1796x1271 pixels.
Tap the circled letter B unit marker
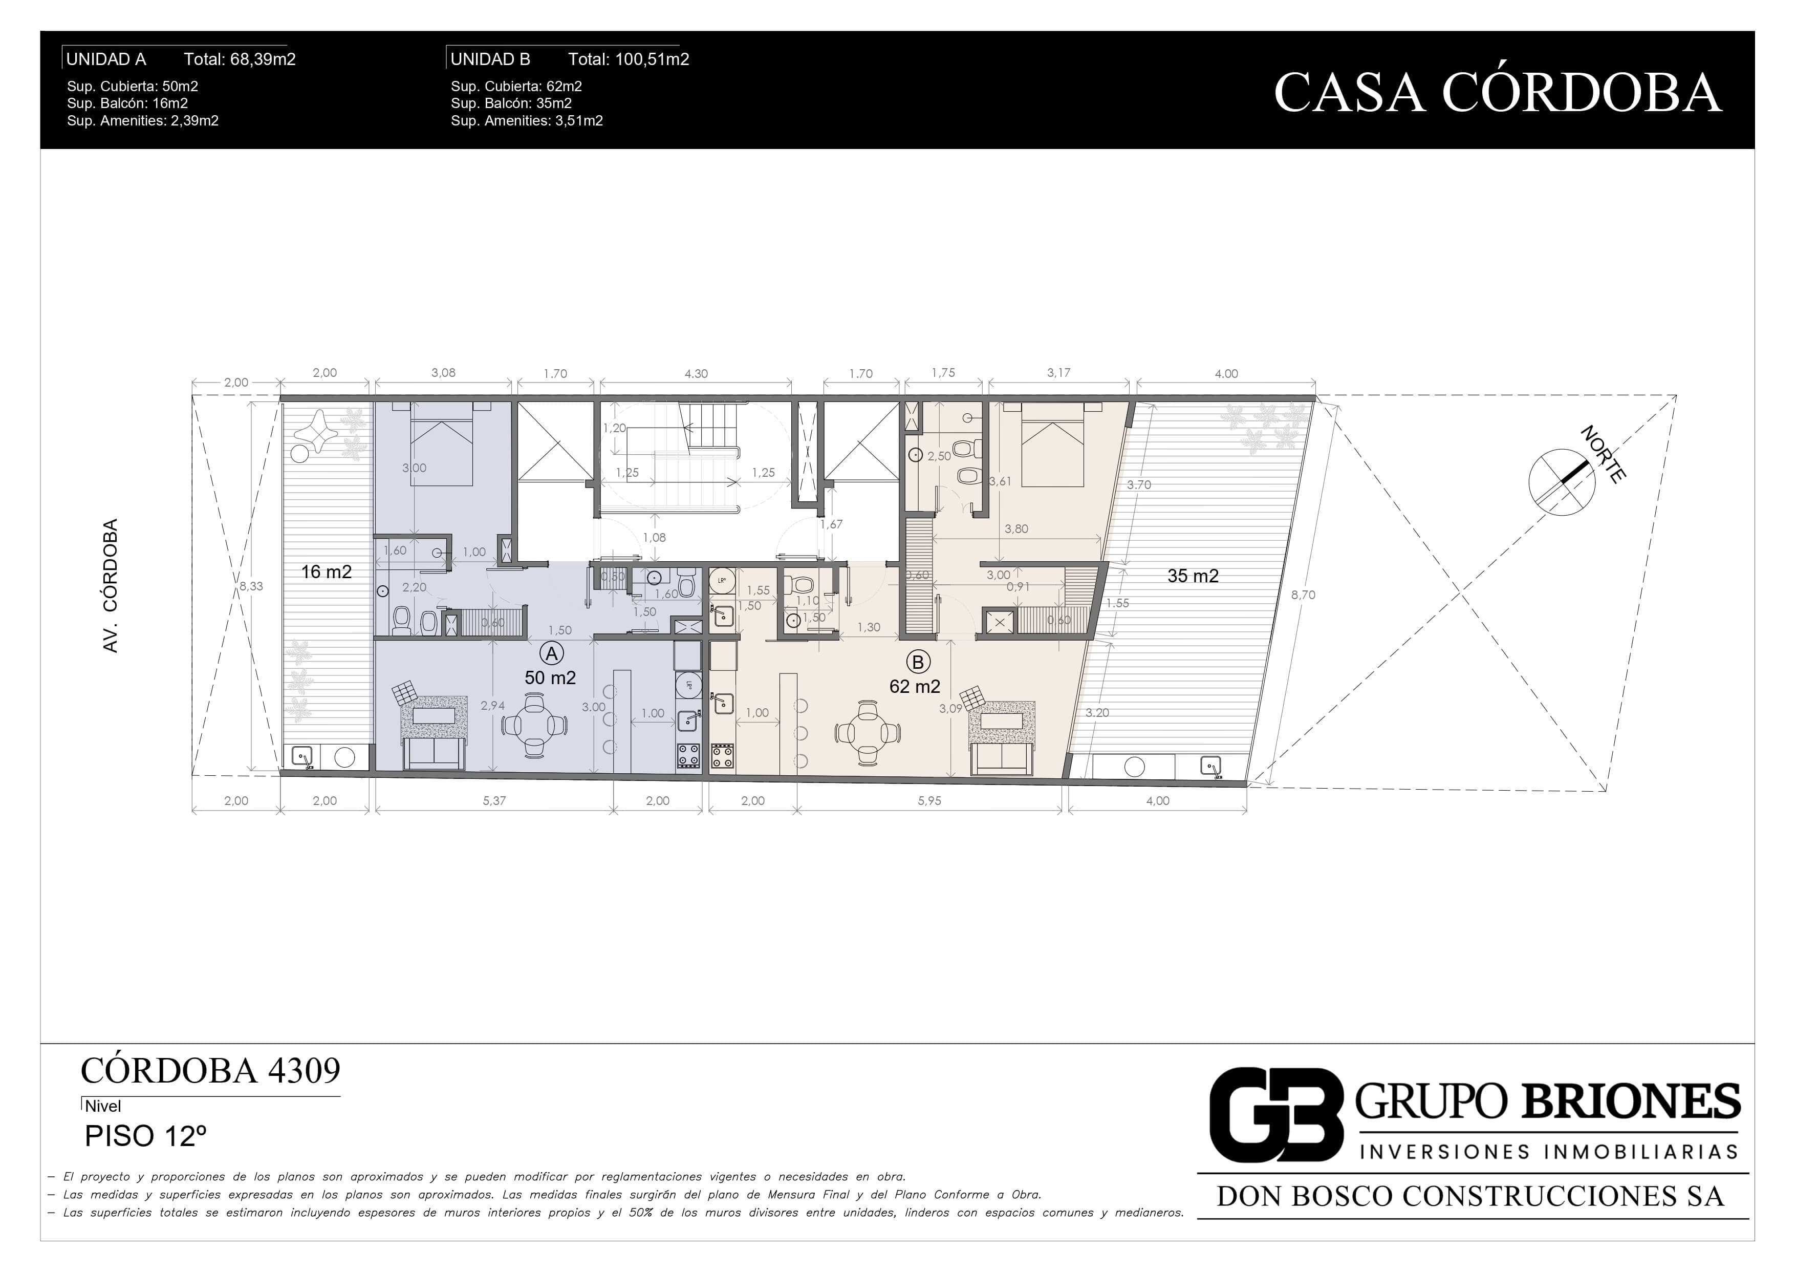(x=918, y=662)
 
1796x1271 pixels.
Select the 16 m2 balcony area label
(x=326, y=572)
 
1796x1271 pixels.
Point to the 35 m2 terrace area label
(x=1193, y=576)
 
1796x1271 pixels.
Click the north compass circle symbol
(x=1562, y=482)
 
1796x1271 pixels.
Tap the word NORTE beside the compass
(x=1604, y=454)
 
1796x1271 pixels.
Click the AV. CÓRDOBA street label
(x=110, y=585)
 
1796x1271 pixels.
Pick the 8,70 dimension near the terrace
(x=1303, y=595)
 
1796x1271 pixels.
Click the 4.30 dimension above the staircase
(x=696, y=374)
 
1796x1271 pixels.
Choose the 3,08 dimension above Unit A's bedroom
(x=444, y=372)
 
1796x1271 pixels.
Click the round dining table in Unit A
(x=534, y=726)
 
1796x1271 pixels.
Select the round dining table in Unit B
(x=868, y=733)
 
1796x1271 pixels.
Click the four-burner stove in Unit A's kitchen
(x=688, y=756)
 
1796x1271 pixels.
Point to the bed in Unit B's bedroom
(x=1052, y=444)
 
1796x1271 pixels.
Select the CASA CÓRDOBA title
(x=1497, y=92)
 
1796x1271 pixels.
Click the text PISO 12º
(x=145, y=1136)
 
